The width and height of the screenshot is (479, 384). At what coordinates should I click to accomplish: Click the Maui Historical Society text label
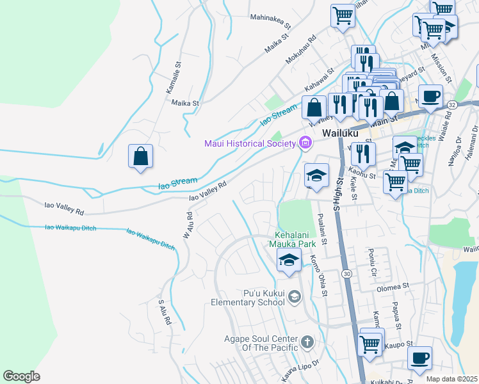pos(250,143)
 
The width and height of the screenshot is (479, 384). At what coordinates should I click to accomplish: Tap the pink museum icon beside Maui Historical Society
pos(305,143)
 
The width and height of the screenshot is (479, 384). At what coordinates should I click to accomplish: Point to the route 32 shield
pos(451,104)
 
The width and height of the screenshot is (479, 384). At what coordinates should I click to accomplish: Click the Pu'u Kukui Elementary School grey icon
pos(294,296)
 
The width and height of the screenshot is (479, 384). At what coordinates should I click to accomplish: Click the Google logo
pos(21,376)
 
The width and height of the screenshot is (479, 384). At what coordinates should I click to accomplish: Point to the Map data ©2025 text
pos(451,379)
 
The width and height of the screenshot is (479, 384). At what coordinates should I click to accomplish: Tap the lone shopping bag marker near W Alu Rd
pos(140,156)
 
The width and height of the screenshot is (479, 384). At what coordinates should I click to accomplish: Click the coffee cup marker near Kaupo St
pos(419,358)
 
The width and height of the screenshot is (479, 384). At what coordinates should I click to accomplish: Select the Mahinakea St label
pos(271,28)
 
